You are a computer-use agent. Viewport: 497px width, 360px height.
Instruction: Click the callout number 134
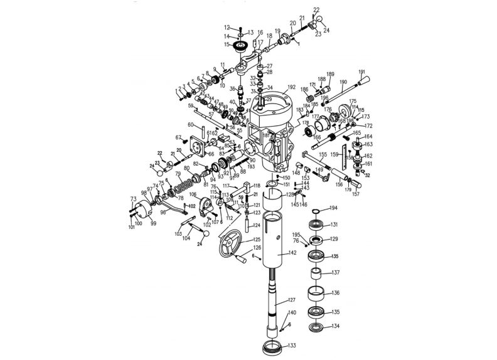(336, 326)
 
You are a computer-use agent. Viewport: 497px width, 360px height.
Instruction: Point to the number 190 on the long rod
(343, 82)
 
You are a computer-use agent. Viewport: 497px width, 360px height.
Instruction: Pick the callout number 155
(322, 154)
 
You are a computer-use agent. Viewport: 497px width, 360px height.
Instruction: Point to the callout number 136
(336, 293)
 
